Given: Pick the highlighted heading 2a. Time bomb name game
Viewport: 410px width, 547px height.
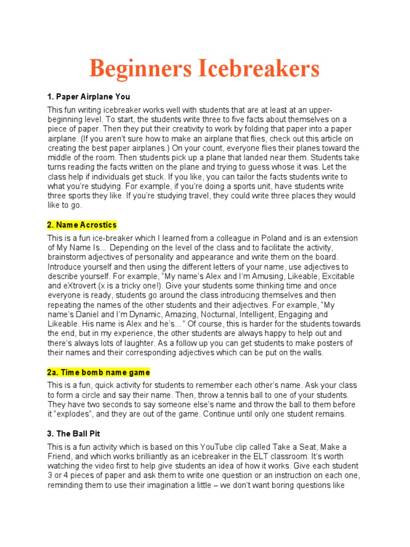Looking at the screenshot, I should pos(98,372).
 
